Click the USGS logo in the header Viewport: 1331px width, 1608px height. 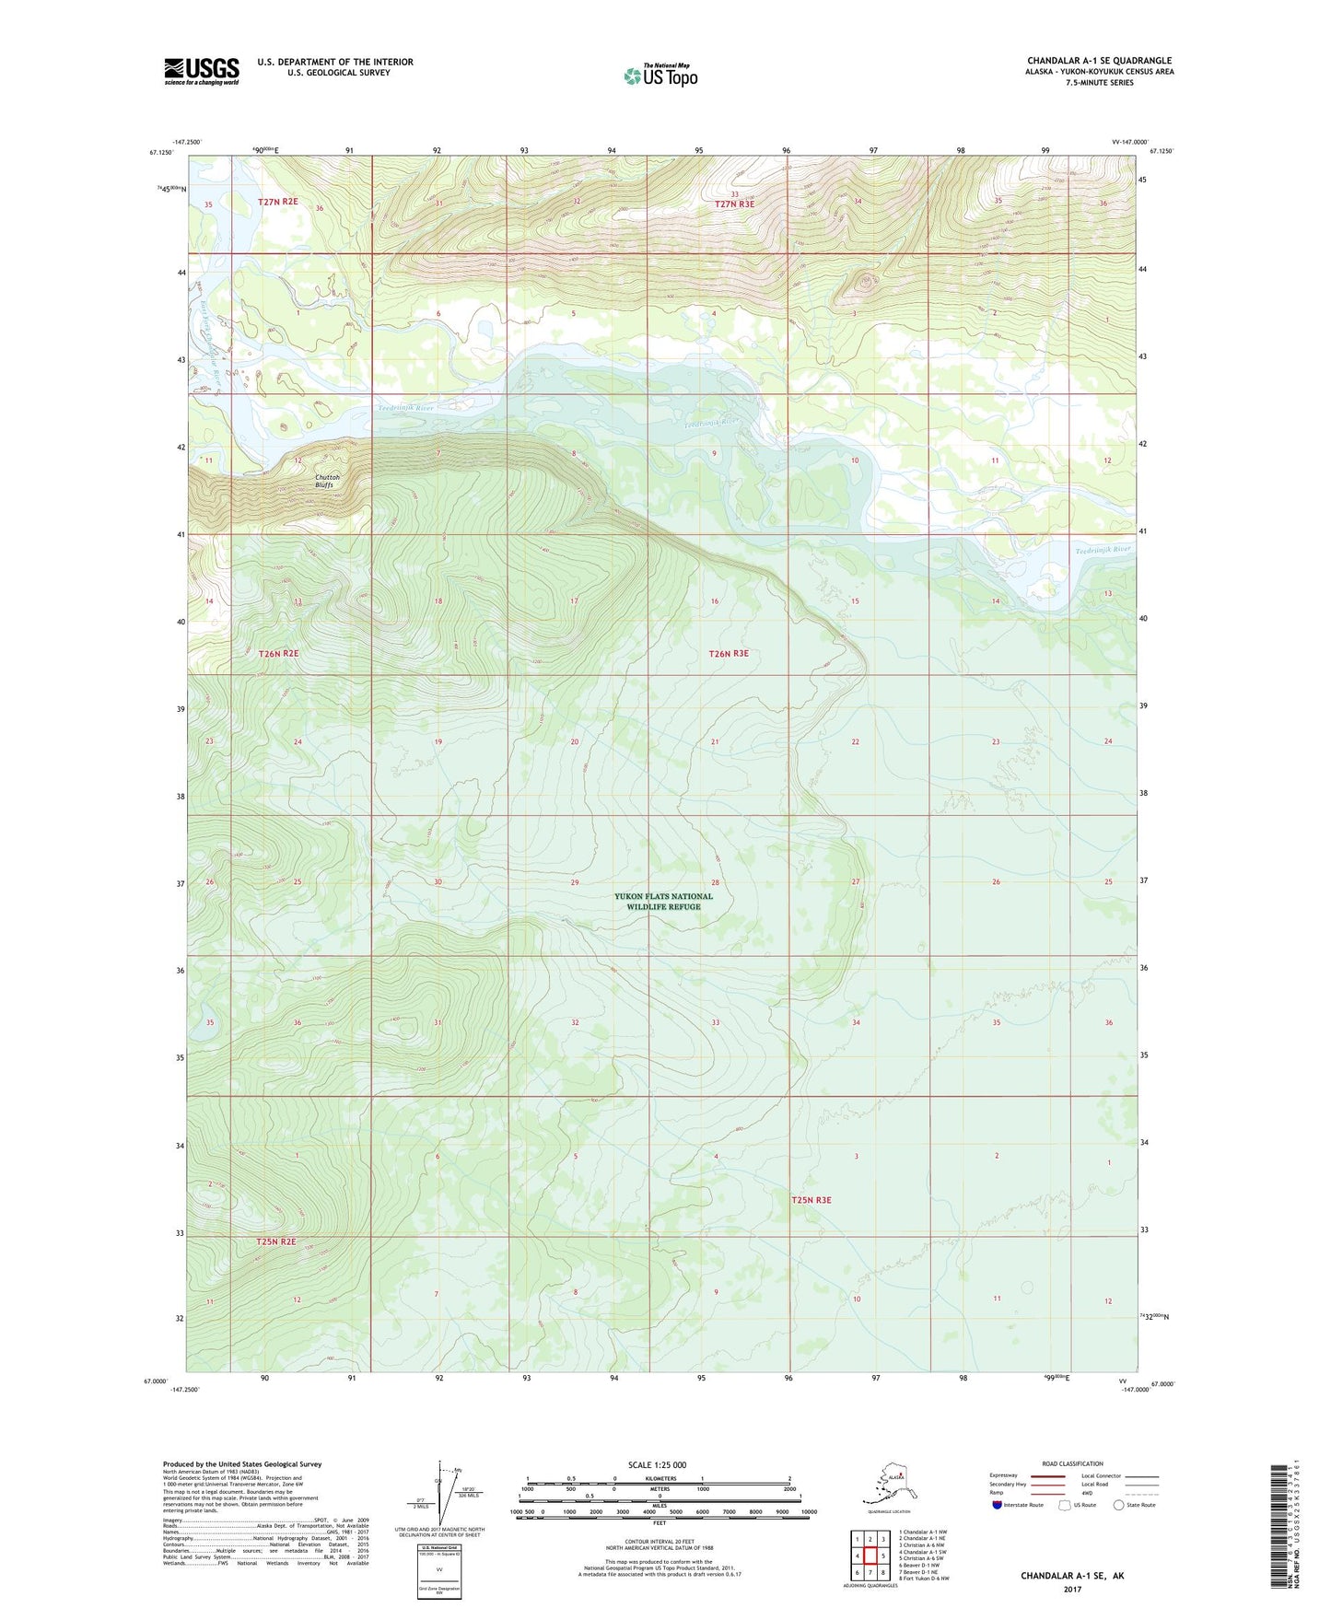202,71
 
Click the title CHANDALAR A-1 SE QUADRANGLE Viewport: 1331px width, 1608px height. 1099,61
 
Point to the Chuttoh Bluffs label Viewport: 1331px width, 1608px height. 328,481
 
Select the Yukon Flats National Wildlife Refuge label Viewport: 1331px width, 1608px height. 663,902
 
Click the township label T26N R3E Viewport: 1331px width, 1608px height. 729,654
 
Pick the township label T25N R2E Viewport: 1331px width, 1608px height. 276,1241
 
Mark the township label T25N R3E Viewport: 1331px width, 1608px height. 811,1200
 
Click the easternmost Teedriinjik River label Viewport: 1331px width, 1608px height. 1103,550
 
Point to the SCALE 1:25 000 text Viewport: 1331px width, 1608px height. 657,1464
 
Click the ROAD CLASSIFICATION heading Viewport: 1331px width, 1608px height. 1072,1463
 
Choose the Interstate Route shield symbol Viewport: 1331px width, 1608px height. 998,1505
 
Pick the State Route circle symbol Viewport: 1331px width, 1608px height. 1119,1505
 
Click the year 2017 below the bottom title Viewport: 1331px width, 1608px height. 1072,1589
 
